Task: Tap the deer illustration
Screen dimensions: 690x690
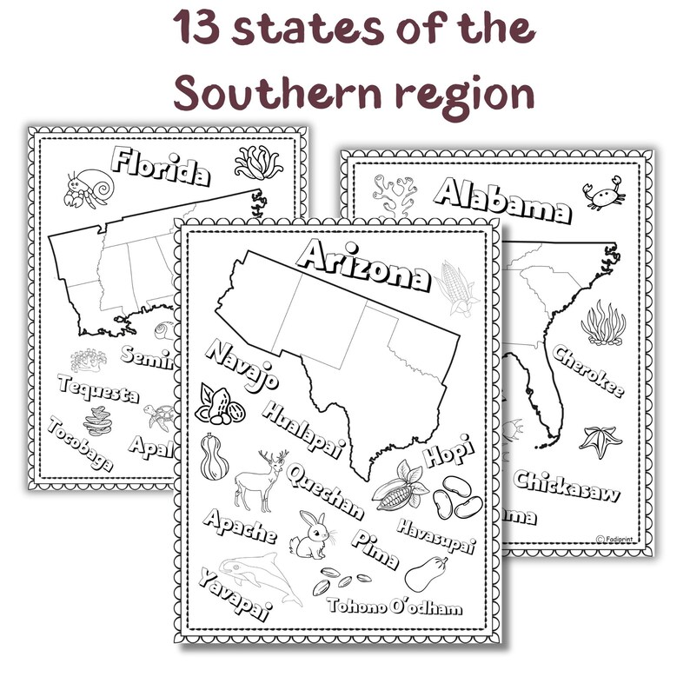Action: coord(258,481)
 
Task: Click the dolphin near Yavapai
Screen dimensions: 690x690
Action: coord(261,577)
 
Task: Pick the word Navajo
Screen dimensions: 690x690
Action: coord(242,365)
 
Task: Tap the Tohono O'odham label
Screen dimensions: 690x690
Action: coord(395,606)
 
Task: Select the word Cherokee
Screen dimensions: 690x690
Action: coord(587,372)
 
